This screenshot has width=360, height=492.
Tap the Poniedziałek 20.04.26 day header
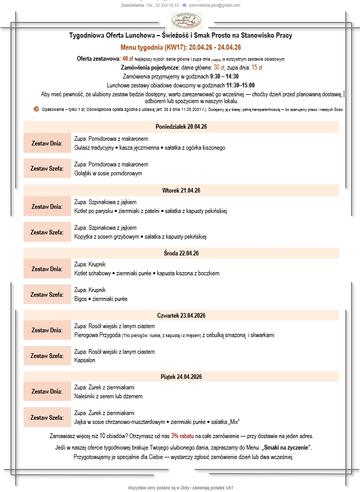point(182,127)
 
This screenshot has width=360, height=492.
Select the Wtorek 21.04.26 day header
point(182,191)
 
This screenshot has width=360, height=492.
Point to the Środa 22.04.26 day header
point(182,253)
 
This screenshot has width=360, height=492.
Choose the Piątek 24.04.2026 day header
point(182,377)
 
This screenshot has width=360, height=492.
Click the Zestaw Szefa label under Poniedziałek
point(47,169)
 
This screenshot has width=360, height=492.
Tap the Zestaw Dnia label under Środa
point(47,269)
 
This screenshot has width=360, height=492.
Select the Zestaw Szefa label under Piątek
point(47,418)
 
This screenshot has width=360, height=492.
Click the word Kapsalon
point(85,361)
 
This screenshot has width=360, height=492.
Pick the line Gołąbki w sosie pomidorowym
point(108,173)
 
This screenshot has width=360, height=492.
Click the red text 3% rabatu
point(182,435)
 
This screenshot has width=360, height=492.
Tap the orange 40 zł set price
point(128,59)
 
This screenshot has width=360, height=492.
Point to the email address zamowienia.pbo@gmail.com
point(214,5)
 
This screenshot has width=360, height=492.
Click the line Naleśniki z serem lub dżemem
point(109,396)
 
